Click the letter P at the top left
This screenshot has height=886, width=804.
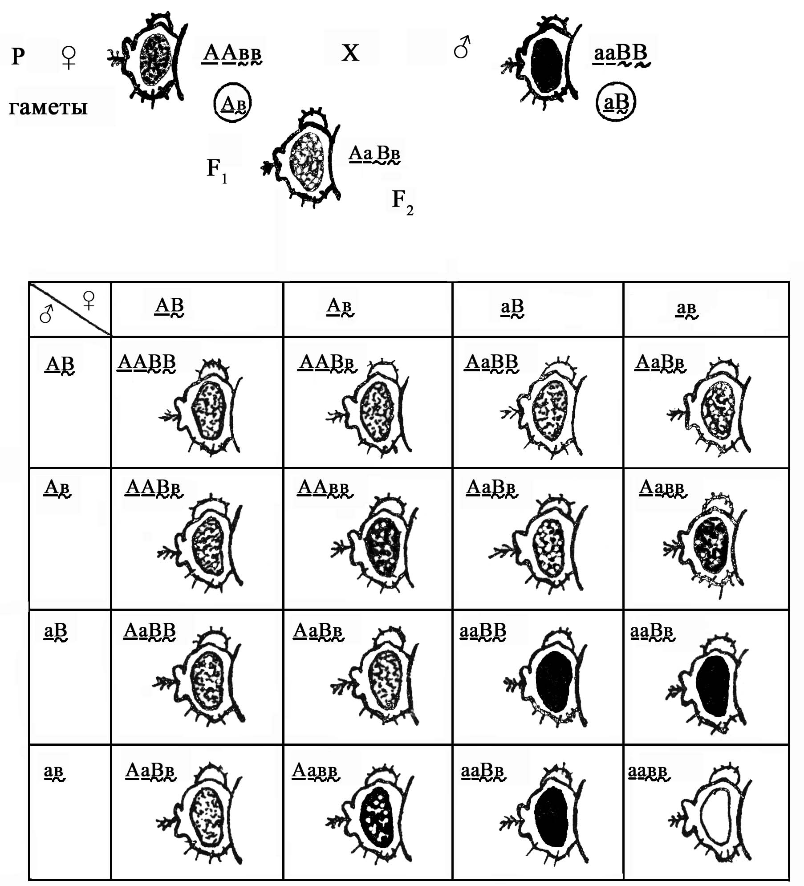click(17, 57)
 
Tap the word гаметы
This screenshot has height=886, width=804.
click(48, 108)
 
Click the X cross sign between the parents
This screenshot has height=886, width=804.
click(350, 53)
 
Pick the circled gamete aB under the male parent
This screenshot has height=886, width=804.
click(616, 102)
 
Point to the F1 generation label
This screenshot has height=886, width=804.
click(217, 170)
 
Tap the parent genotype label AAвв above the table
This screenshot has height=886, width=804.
click(232, 54)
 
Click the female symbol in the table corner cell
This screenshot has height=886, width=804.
click(89, 301)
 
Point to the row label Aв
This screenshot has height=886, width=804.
click(57, 488)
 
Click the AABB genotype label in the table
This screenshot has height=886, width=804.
click(146, 362)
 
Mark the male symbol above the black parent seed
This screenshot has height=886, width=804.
click(462, 48)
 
